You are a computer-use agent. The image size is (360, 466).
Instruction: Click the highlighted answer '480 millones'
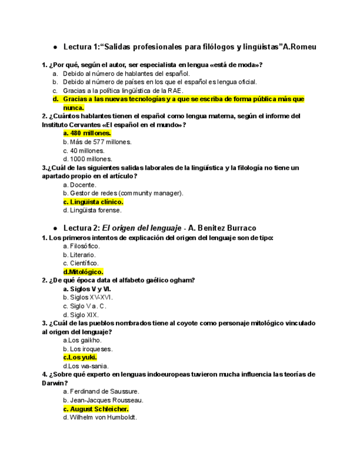87,133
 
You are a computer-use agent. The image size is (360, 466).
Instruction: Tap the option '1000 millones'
87,159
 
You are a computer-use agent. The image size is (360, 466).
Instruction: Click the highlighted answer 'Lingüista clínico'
93,202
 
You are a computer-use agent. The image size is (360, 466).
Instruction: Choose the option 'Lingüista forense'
92,210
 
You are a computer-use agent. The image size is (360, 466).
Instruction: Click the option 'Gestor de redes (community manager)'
123,193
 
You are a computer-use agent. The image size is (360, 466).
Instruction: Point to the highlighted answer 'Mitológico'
83,271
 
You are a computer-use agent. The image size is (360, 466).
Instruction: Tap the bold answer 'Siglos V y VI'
87,289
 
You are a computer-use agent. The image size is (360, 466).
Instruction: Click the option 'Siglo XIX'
81,315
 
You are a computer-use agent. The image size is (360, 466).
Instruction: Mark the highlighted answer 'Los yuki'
80,357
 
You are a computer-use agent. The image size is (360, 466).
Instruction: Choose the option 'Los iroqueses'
87,349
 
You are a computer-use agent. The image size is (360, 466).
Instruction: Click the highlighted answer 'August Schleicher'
96,409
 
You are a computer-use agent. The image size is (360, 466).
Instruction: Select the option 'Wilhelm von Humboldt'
100,417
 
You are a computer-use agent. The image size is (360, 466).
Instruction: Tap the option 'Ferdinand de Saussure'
101,391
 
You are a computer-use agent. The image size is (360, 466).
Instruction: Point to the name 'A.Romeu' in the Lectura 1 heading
299,47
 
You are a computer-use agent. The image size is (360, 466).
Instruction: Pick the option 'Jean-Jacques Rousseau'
103,400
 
